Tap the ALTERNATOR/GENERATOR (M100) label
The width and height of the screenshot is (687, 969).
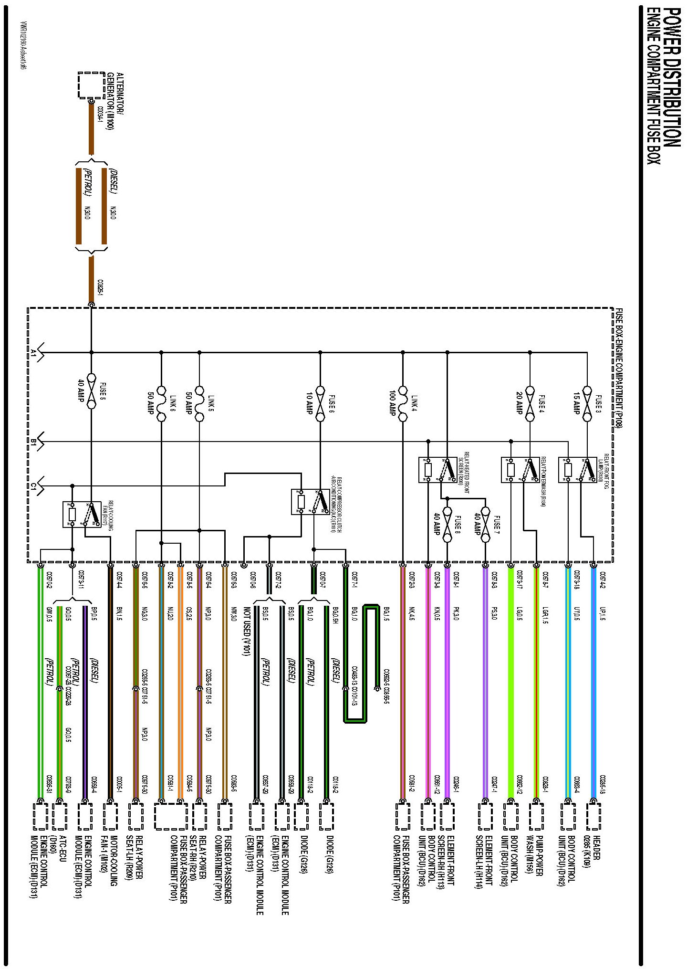[114, 101]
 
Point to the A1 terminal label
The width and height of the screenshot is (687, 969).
[33, 353]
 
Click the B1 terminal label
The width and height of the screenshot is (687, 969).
[33, 442]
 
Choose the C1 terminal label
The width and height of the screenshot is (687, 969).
[33, 486]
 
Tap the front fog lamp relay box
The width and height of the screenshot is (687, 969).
[578, 470]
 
